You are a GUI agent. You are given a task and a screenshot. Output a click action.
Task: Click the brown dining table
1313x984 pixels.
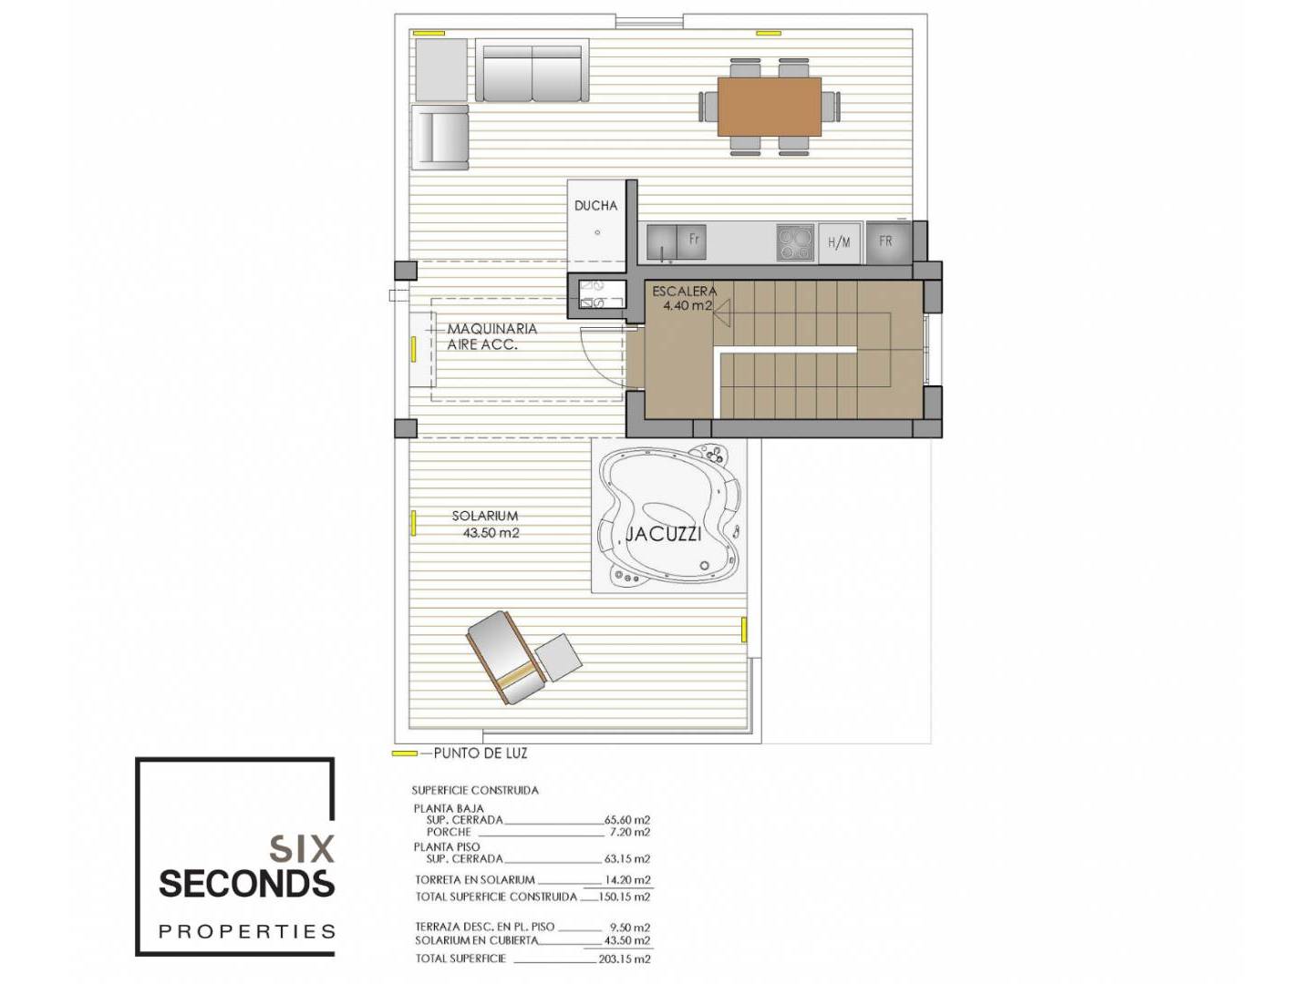point(769,107)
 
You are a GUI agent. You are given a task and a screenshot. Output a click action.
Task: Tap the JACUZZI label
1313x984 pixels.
point(663,534)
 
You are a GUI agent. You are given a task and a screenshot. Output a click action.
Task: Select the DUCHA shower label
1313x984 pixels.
point(595,206)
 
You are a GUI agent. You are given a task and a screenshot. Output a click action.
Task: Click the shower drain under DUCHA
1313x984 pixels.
point(597,233)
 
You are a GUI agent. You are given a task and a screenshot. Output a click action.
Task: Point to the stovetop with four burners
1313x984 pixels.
point(796,242)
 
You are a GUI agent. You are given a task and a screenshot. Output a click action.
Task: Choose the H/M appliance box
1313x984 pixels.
point(839,242)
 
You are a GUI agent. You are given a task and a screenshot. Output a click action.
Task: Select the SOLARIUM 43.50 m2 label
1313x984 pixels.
point(486,524)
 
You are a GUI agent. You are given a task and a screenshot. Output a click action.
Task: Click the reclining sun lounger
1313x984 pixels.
point(506,657)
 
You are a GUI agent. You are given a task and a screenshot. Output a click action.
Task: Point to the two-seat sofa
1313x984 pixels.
point(532,71)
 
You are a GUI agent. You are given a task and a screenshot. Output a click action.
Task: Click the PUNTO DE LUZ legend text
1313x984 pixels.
point(481,753)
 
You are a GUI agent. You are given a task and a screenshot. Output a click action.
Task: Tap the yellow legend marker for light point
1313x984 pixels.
point(404,753)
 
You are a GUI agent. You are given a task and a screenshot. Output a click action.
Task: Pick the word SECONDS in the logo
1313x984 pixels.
point(246,884)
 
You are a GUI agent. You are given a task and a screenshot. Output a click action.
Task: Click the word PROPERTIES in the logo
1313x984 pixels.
point(246,931)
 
